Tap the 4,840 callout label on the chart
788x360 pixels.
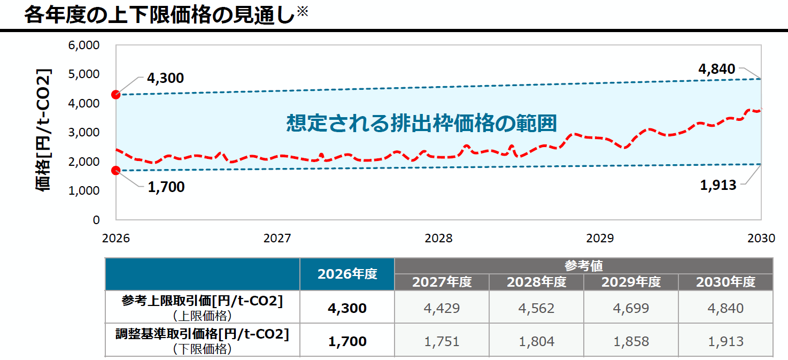716,69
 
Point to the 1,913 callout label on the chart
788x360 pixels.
718,185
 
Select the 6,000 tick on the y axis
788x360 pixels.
84,45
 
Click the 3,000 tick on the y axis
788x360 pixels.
84,132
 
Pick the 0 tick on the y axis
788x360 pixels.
96,219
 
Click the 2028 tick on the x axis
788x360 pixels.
438,239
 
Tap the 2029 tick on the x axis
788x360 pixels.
600,239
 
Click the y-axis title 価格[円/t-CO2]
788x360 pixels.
44,131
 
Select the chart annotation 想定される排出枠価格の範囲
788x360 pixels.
421,123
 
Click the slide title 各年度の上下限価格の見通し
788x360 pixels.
159,15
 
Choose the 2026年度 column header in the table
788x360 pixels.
347,274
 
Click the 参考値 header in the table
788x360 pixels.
583,265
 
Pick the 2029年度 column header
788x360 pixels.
631,282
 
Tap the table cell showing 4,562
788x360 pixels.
536,308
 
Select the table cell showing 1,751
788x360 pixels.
442,341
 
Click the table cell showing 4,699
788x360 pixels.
631,308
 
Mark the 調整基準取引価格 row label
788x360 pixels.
203,335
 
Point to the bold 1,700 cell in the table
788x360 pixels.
347,341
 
